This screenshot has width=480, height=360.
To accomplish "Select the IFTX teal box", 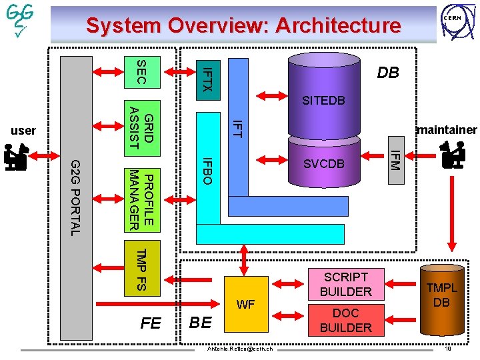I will [207, 79].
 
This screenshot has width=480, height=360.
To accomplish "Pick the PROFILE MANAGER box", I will [141, 199].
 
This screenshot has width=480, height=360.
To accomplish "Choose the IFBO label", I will [207, 171].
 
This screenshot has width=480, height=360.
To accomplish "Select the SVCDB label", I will [323, 164].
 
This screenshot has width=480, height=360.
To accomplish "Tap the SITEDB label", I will [323, 101].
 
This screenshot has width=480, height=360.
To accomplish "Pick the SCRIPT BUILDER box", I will [345, 284].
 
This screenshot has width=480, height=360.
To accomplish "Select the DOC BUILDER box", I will [345, 320].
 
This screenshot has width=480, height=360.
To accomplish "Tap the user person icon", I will [15, 158].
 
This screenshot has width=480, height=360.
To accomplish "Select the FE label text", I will [151, 323].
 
